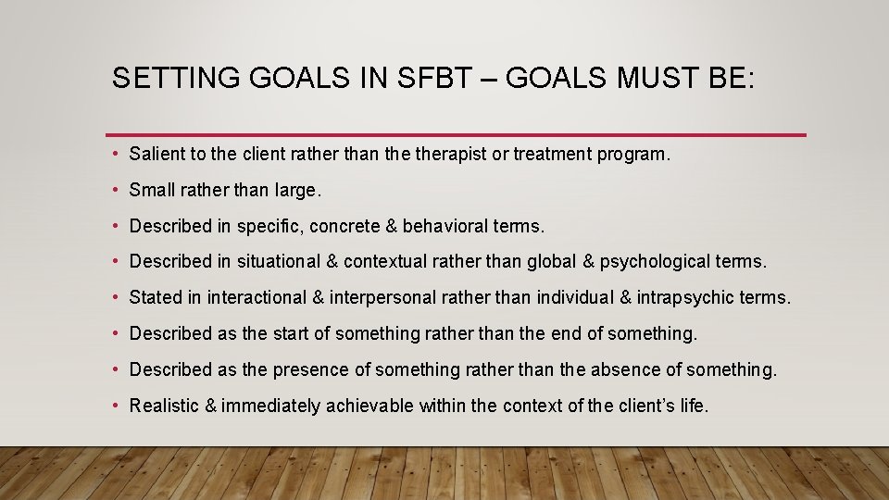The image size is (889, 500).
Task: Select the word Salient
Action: tap(157, 154)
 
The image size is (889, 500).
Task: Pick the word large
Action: tap(295, 190)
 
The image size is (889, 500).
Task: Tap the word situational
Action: tap(278, 262)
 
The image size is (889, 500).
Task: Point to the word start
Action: tap(292, 333)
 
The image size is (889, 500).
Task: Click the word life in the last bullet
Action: tap(691, 406)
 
